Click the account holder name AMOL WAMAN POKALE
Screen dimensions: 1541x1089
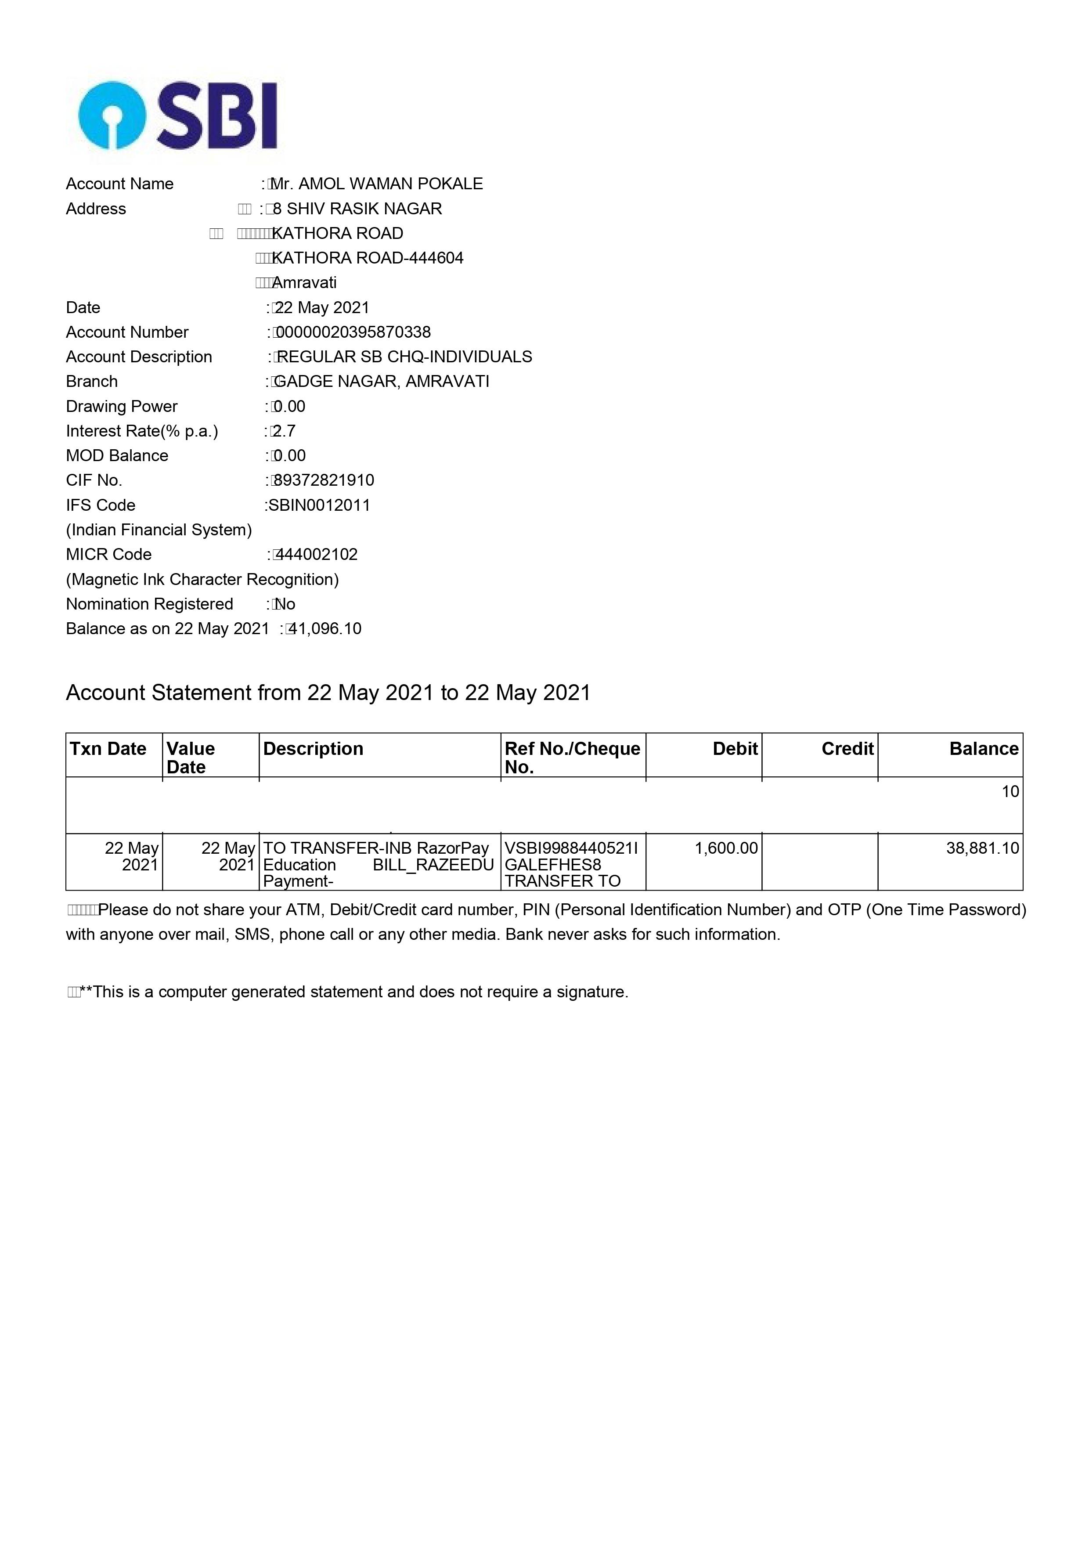[390, 184]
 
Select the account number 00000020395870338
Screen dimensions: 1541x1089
[353, 332]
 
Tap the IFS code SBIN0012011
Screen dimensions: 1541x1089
[319, 505]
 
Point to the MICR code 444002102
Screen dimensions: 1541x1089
[317, 554]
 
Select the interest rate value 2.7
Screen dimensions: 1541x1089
[284, 431]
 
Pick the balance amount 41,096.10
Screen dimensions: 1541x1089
[325, 629]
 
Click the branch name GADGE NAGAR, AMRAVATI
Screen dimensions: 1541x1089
[382, 382]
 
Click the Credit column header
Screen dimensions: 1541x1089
[847, 749]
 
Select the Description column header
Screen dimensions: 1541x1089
[314, 749]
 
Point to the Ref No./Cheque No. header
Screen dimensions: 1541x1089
[572, 758]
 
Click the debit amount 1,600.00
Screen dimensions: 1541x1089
[726, 848]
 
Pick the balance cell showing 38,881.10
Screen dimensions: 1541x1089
[982, 848]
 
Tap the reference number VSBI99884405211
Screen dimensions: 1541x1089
[571, 848]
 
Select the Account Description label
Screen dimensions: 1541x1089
[139, 357]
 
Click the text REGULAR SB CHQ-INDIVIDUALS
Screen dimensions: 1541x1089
[404, 357]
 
